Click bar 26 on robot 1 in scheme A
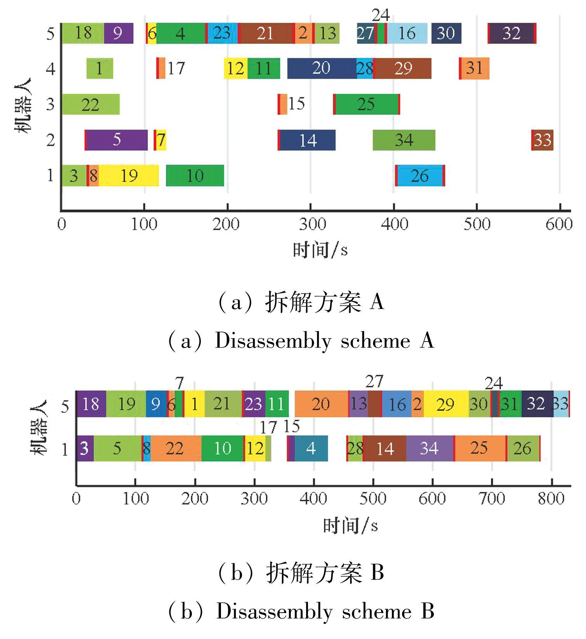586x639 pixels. pyautogui.click(x=420, y=176)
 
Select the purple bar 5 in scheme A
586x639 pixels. pyautogui.click(x=117, y=140)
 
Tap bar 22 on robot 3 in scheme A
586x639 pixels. pyautogui.click(x=90, y=104)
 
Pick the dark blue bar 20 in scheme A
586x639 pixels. pyautogui.click(x=322, y=68)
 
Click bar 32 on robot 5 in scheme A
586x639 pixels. pyautogui.click(x=511, y=33)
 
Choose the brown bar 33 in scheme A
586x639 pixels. pyautogui.click(x=542, y=140)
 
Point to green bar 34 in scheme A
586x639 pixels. pyautogui.click(x=404, y=140)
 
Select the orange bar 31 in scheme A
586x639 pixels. pyautogui.click(x=475, y=68)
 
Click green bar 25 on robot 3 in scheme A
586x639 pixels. pyautogui.click(x=367, y=104)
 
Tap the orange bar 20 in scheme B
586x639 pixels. pyautogui.click(x=321, y=404)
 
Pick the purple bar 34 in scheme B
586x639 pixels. pyautogui.click(x=430, y=448)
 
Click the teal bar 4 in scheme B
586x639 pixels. pyautogui.click(x=311, y=448)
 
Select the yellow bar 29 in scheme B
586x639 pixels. pyautogui.click(x=445, y=404)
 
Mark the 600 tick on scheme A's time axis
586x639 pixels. pyautogui.click(x=559, y=224)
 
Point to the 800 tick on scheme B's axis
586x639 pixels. pyautogui.click(x=551, y=498)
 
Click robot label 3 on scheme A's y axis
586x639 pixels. pyautogui.click(x=50, y=104)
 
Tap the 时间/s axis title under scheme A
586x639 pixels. pyautogui.click(x=320, y=250)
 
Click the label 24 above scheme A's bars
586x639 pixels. pyautogui.click(x=381, y=16)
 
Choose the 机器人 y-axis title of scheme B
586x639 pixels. pyautogui.click(x=39, y=427)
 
